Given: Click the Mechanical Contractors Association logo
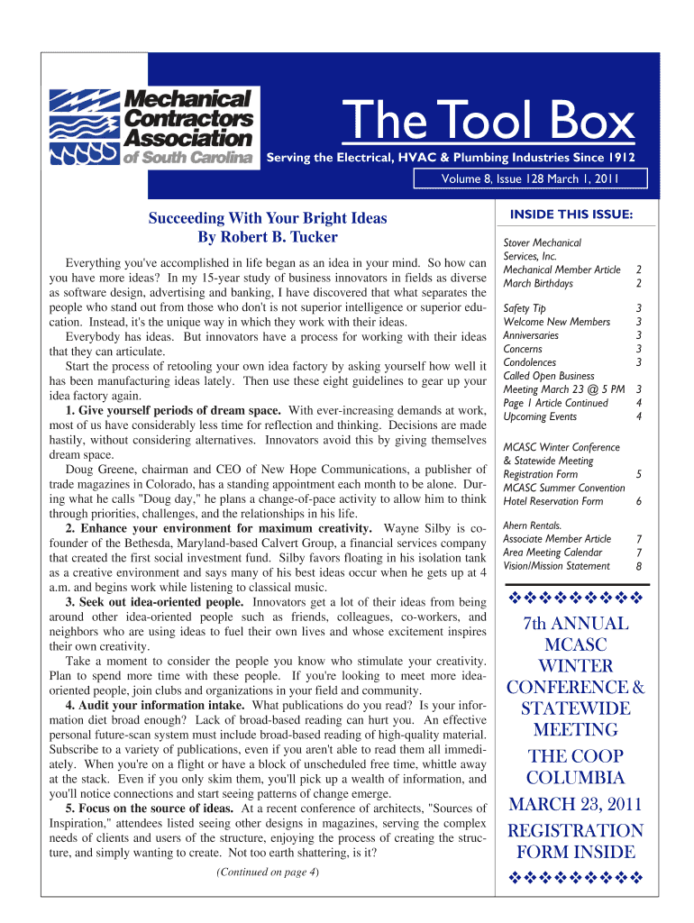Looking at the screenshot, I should click(153, 127).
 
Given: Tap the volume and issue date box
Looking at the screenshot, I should click(529, 178).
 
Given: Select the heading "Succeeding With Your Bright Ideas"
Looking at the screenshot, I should click(268, 218).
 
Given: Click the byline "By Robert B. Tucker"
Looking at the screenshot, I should click(268, 237).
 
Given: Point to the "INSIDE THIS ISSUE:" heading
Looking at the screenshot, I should click(571, 214).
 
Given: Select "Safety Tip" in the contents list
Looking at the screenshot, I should click(524, 308).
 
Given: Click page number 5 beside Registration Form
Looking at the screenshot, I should click(639, 474).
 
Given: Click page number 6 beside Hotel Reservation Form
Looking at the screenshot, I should click(639, 501).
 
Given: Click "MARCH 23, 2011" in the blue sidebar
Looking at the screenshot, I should click(576, 804).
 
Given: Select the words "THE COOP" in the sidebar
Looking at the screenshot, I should click(575, 756).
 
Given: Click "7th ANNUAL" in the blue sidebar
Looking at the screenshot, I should click(576, 624).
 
